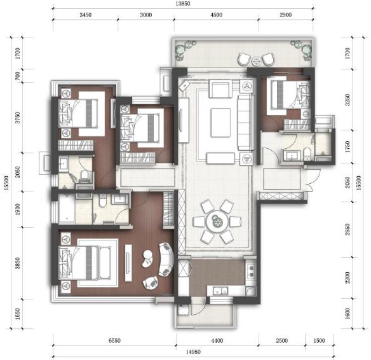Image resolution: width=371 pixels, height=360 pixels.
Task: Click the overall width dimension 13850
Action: click(183, 4)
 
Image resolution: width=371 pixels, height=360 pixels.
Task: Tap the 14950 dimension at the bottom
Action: click(193, 352)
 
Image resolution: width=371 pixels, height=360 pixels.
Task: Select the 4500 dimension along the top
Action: click(216, 15)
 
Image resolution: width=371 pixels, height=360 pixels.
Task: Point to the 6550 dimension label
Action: click(114, 340)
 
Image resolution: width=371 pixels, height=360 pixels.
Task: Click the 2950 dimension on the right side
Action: click(347, 229)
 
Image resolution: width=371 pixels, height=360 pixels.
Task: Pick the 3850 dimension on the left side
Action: click(18, 263)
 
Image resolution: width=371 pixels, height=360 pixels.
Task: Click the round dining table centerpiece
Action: click(217, 222)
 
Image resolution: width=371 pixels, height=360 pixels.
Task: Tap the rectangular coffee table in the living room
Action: click(220, 123)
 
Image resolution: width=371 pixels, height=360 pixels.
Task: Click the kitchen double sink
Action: click(220, 291)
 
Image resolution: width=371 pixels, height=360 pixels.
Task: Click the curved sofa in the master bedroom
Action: click(166, 260)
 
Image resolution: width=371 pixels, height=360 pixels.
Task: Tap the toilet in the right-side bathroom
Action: click(307, 153)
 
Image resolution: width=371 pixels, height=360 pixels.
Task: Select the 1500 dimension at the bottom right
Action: click(319, 340)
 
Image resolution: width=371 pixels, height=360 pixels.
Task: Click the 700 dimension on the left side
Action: click(18, 76)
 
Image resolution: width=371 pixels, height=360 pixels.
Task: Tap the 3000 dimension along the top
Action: click(145, 15)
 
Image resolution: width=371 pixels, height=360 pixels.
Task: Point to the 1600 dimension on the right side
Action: click(347, 314)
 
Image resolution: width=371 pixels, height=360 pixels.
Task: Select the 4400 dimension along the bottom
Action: click(217, 340)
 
